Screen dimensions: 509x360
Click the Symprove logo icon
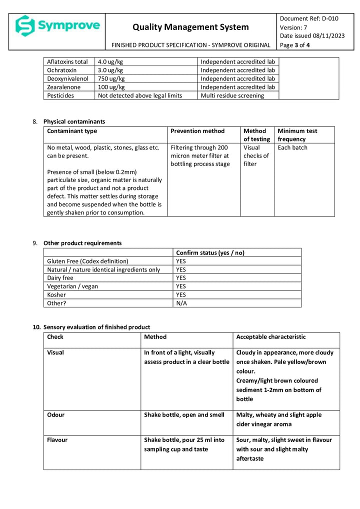pos(25,25)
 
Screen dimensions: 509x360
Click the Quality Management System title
pos(190,27)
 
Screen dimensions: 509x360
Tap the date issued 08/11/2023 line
pos(312,35)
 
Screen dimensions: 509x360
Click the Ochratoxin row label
pos(62,70)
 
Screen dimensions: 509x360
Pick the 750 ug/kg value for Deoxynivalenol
pos(111,78)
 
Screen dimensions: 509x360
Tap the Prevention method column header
pos(197,131)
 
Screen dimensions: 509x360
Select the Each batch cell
pos(292,147)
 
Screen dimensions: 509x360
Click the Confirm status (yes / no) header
pos(210,253)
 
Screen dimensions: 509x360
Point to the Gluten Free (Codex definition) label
pos(87,261)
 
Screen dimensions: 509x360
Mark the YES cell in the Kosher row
pos(181,294)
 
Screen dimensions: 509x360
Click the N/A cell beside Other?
pos(181,303)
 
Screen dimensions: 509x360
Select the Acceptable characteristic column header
pos(270,337)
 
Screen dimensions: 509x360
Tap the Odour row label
pos(55,415)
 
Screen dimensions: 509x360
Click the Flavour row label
pos(57,440)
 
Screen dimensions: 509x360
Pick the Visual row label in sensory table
pos(55,352)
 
